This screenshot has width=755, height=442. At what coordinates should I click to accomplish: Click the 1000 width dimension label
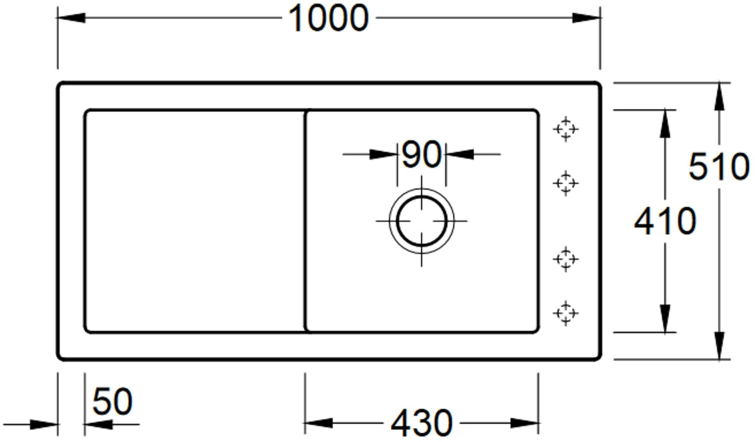(x=328, y=18)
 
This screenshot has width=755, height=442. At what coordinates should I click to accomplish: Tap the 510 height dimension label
(x=719, y=167)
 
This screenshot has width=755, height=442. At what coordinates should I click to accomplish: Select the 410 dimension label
(x=665, y=221)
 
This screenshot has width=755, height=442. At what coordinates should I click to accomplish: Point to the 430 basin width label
(x=421, y=423)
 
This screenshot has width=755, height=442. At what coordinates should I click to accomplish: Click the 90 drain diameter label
(x=422, y=155)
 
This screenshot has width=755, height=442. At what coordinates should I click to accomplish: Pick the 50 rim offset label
(x=112, y=401)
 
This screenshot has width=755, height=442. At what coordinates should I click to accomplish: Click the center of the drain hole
(x=421, y=221)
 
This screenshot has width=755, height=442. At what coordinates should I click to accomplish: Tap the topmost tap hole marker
(x=565, y=129)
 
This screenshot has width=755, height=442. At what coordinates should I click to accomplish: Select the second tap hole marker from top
(x=565, y=183)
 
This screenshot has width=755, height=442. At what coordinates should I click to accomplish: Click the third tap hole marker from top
(x=565, y=259)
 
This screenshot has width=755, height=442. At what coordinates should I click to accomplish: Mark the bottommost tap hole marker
(x=565, y=313)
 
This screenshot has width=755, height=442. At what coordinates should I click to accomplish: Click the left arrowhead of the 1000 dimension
(x=70, y=18)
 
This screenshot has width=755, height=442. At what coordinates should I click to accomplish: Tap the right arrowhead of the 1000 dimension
(x=587, y=18)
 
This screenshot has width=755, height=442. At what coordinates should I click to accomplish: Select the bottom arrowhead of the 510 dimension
(x=719, y=346)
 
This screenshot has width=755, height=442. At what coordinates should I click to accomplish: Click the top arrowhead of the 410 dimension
(x=665, y=123)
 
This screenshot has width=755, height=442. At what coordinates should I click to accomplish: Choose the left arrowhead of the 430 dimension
(x=318, y=423)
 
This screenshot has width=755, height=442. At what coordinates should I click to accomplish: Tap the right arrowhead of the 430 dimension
(x=525, y=423)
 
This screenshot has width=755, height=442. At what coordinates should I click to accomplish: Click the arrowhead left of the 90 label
(x=384, y=154)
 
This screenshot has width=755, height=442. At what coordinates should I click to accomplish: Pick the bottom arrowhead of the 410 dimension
(x=665, y=319)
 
